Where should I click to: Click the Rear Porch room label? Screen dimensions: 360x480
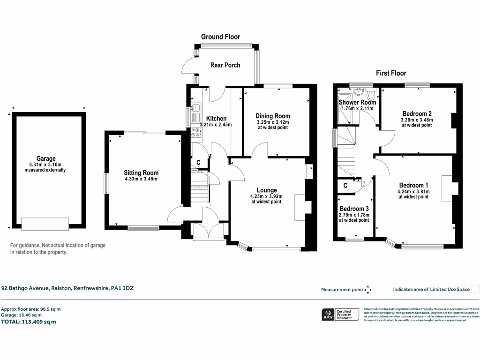pyautogui.click(x=225, y=65)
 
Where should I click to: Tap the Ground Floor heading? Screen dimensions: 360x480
pyautogui.click(x=220, y=37)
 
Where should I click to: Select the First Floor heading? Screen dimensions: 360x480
pyautogui.click(x=391, y=73)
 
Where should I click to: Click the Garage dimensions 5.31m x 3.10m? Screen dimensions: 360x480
pyautogui.click(x=46, y=165)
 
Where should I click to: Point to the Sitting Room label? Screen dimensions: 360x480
pyautogui.click(x=141, y=172)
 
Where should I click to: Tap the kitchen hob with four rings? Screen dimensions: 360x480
pyautogui.click(x=195, y=133)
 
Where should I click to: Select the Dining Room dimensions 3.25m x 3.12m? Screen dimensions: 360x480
pyautogui.click(x=272, y=122)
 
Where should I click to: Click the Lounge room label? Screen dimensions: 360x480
pyautogui.click(x=266, y=190)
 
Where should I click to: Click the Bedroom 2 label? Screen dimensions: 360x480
pyautogui.click(x=417, y=113)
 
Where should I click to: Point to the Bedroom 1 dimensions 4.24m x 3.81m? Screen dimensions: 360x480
pyautogui.click(x=413, y=191)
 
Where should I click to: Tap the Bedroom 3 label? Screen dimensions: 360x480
pyautogui.click(x=354, y=209)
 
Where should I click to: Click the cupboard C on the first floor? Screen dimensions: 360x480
pyautogui.click(x=345, y=186)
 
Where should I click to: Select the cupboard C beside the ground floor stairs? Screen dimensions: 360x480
pyautogui.click(x=199, y=163)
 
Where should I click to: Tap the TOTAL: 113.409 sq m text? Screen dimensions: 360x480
pyautogui.click(x=29, y=322)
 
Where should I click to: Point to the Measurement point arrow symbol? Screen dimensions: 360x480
pyautogui.click(x=368, y=289)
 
